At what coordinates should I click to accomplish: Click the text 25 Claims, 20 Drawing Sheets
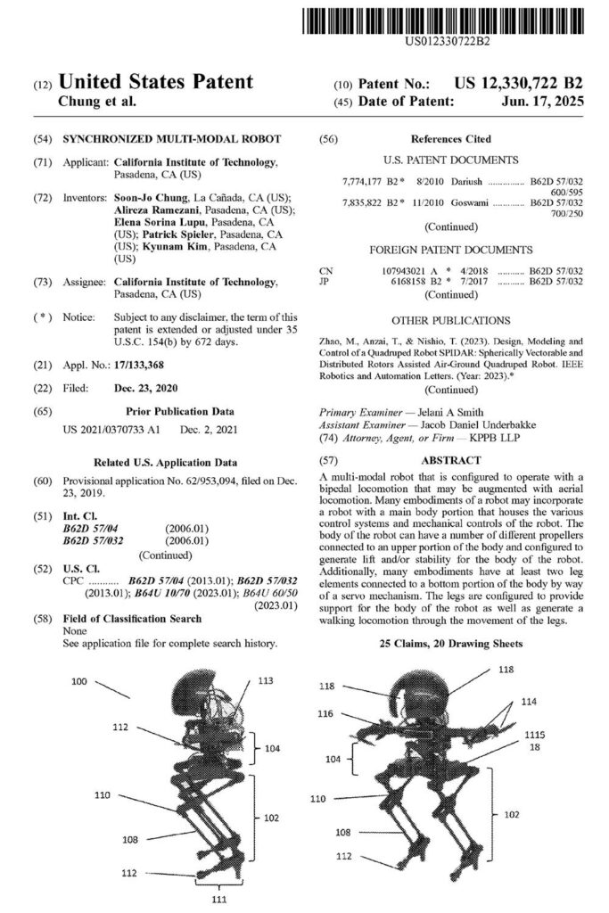(451, 643)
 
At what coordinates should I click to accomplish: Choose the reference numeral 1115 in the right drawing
(559, 734)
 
